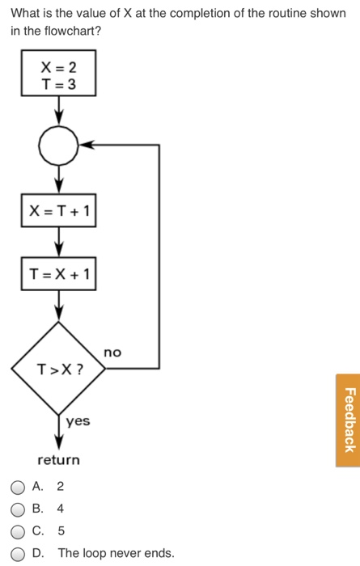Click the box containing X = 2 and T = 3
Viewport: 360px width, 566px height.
point(59,73)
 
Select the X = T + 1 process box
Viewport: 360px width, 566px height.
point(59,212)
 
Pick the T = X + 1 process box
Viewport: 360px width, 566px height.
point(59,275)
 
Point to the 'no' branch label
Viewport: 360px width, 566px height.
point(112,353)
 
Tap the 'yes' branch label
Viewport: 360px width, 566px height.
point(78,421)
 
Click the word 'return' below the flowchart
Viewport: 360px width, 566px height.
point(59,460)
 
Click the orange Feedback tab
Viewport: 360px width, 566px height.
point(348,420)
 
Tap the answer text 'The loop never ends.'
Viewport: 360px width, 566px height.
point(116,553)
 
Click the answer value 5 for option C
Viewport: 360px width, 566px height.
point(61,531)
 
